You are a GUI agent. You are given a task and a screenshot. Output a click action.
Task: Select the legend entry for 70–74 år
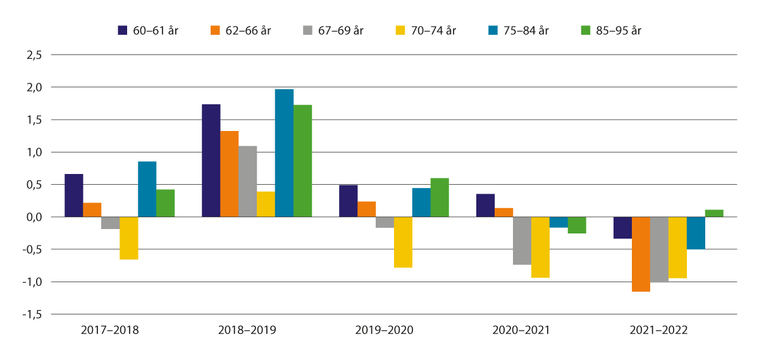point(425,30)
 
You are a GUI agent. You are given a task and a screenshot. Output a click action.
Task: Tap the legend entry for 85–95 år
point(610,30)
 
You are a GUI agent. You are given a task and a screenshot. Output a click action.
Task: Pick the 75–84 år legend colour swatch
point(493,30)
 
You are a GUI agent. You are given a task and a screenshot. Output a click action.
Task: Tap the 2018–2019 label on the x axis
point(247,330)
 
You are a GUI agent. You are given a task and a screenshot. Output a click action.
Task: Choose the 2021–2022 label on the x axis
point(658,330)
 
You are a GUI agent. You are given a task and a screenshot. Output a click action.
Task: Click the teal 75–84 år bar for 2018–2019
point(284,153)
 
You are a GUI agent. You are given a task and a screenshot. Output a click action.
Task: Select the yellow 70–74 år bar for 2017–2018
point(128,238)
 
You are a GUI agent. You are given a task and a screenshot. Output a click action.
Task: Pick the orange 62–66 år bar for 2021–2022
point(641,254)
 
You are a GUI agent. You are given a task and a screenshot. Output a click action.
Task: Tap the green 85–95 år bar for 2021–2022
point(714,213)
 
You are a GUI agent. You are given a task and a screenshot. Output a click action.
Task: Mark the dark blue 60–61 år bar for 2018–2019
point(211,161)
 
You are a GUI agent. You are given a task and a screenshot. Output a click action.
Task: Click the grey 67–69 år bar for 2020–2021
point(522,240)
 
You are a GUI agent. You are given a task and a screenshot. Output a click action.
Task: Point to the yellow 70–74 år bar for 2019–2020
point(403,242)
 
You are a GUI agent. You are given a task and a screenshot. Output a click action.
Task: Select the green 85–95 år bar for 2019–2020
point(440,197)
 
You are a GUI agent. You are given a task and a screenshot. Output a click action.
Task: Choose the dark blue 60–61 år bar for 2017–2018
point(73,196)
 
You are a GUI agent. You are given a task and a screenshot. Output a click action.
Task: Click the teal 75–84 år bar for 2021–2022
point(696,233)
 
